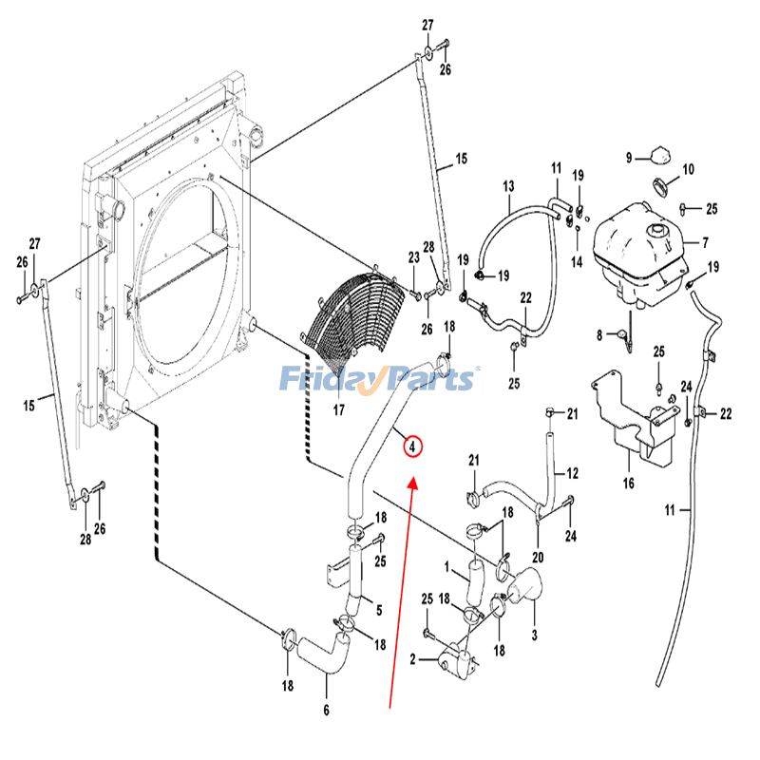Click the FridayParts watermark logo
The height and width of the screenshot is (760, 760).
[378, 380]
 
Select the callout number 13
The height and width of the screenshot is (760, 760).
[507, 185]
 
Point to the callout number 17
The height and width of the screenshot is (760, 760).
[337, 411]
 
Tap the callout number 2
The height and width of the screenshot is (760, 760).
[413, 658]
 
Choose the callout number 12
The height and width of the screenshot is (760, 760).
[572, 472]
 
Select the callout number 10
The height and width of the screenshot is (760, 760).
[688, 169]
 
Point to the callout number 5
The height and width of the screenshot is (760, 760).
[378, 610]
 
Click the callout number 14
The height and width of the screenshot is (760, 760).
[577, 261]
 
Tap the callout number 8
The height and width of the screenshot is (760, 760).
[599, 333]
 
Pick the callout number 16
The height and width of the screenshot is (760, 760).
[628, 483]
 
